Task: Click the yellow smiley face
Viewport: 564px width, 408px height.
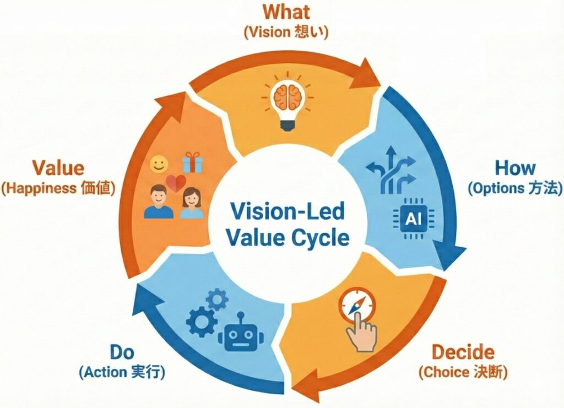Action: tap(159, 164)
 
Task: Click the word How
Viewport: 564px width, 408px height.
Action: tap(515, 168)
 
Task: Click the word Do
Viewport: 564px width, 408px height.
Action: tap(122, 352)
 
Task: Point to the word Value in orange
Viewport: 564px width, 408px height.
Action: tap(58, 168)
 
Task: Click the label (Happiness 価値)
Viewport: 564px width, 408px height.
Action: tap(58, 188)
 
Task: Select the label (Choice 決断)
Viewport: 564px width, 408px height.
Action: tap(463, 372)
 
